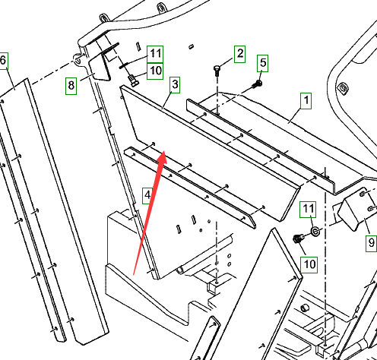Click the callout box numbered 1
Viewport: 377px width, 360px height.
pyautogui.click(x=306, y=101)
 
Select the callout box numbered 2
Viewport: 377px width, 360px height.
pyautogui.click(x=239, y=54)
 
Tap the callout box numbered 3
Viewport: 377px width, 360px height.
pyautogui.click(x=175, y=85)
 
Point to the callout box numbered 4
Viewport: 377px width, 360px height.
pyautogui.click(x=147, y=195)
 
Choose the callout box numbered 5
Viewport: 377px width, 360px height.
pyautogui.click(x=263, y=63)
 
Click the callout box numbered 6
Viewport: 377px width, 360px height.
pyautogui.click(x=4, y=61)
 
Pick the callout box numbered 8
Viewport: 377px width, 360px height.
pyautogui.click(x=71, y=86)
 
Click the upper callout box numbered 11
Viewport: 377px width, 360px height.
pyautogui.click(x=155, y=54)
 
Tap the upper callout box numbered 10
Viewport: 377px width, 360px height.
pyautogui.click(x=155, y=71)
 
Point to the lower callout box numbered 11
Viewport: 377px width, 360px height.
pyautogui.click(x=308, y=210)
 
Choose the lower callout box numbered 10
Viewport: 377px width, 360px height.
pyautogui.click(x=309, y=265)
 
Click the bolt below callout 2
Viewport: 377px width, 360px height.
pyautogui.click(x=217, y=71)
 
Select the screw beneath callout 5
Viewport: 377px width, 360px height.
pyautogui.click(x=257, y=84)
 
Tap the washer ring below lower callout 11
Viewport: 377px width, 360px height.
pyautogui.click(x=315, y=231)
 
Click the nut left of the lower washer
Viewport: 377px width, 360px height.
pyautogui.click(x=297, y=238)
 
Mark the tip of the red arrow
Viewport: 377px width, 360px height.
pyautogui.click(x=165, y=151)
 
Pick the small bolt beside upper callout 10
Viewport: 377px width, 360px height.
pyautogui.click(x=133, y=80)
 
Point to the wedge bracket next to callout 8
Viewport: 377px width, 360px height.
pyautogui.click(x=100, y=66)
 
